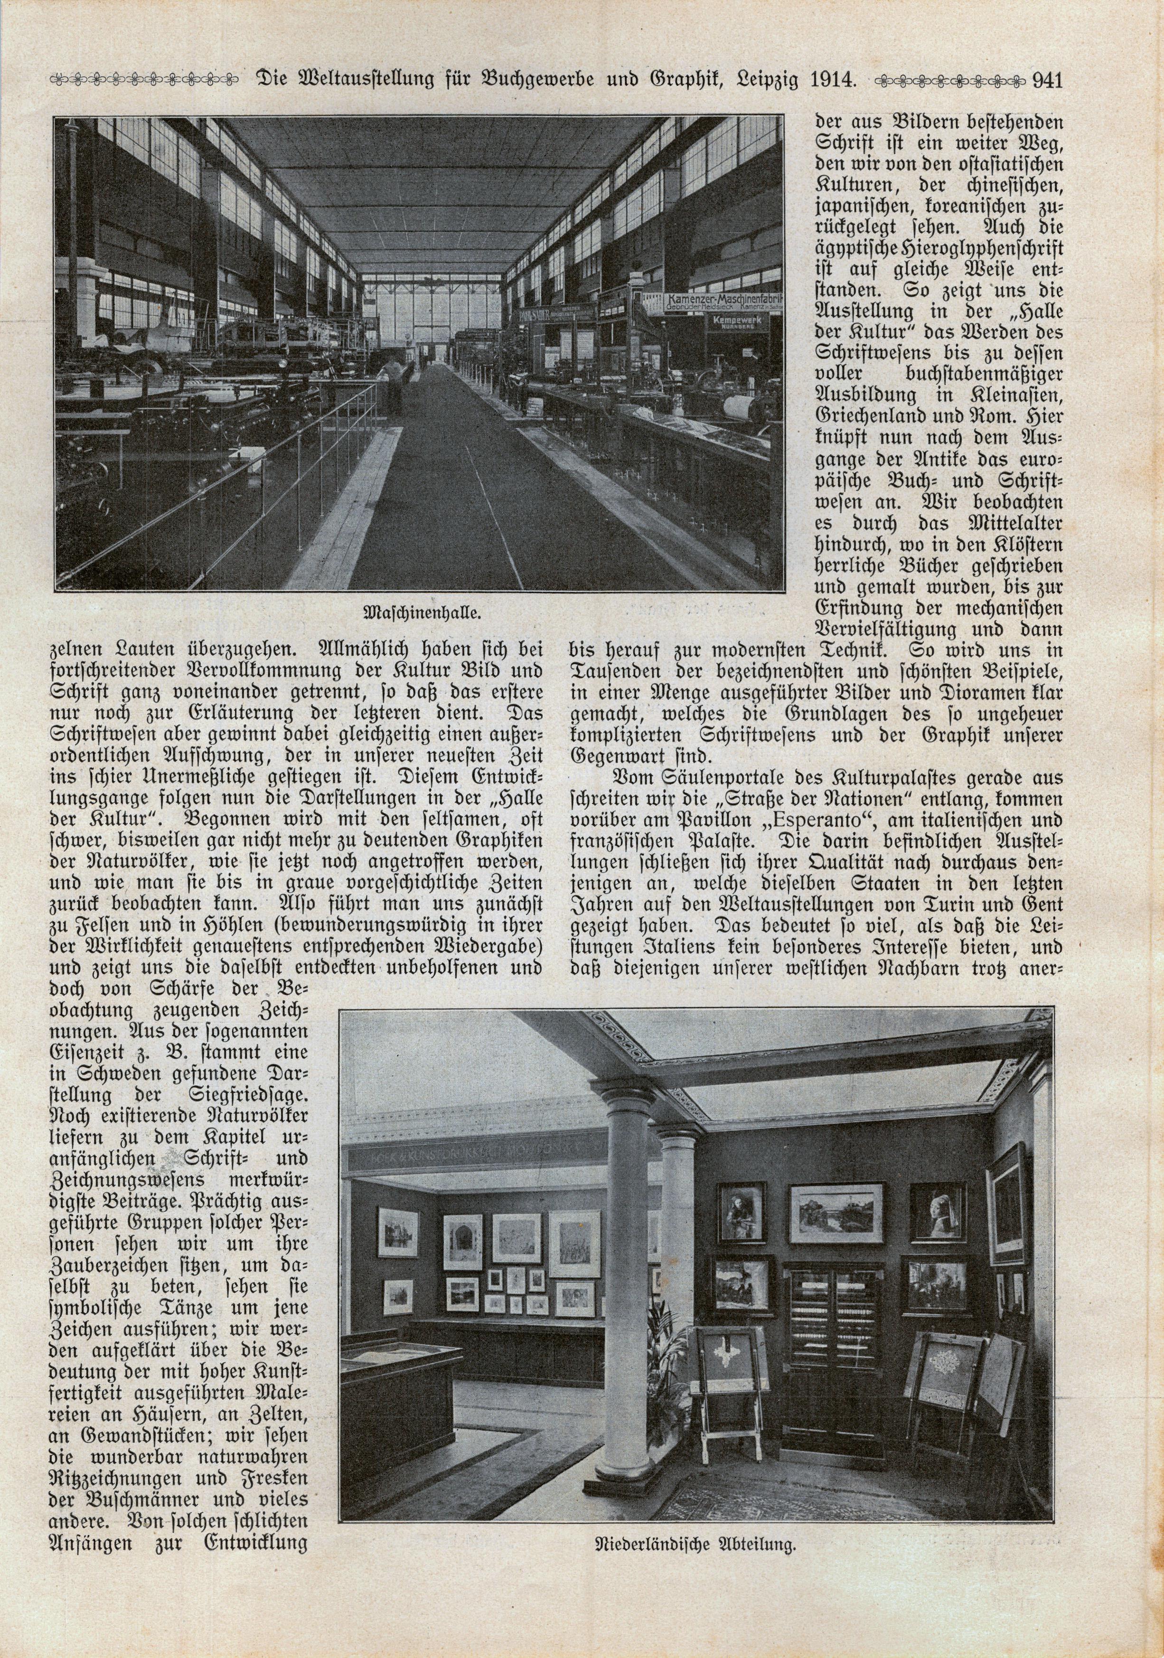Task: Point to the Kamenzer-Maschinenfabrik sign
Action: pyautogui.click(x=724, y=301)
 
